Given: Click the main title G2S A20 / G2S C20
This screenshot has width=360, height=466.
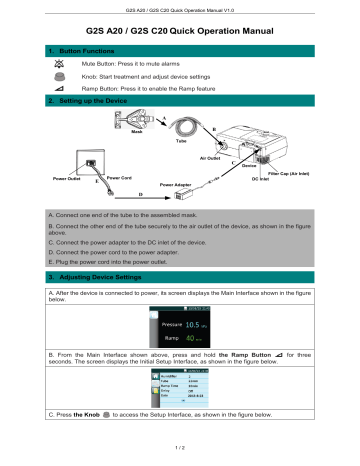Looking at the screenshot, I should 180,33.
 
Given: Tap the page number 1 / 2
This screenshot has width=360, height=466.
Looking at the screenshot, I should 180,456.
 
